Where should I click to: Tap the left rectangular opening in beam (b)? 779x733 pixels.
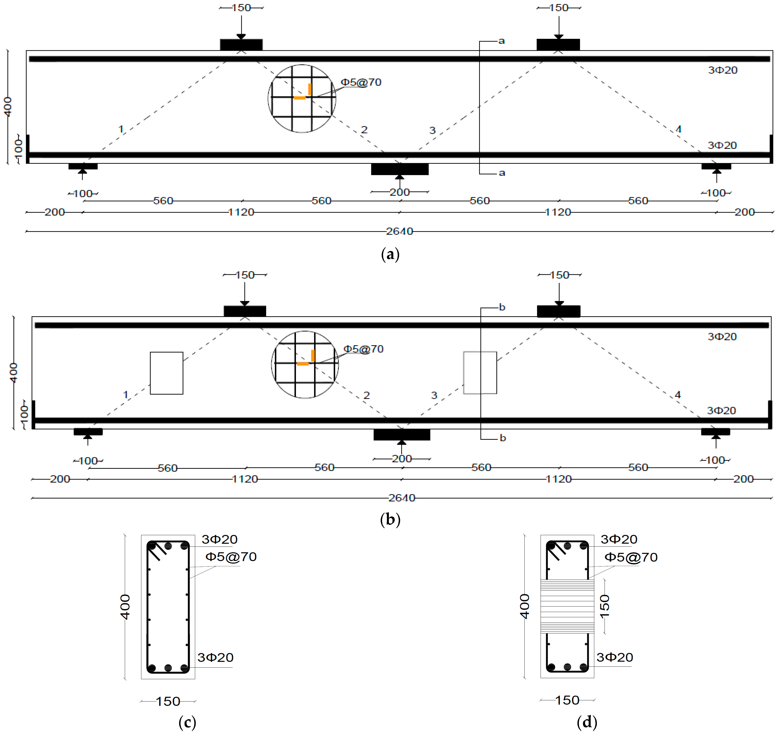tap(166, 373)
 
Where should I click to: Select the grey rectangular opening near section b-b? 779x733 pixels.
tap(480, 372)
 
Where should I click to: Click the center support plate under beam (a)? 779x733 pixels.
tap(400, 169)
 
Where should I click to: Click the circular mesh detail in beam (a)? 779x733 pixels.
tap(302, 98)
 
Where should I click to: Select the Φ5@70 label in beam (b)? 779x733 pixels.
tap(363, 349)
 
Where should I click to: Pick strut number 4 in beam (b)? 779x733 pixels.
tap(677, 395)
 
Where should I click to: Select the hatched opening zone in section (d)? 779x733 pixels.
tap(567, 606)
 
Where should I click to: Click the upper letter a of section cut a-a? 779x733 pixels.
tap(501, 41)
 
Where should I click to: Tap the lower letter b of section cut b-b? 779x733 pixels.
tap(503, 438)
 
